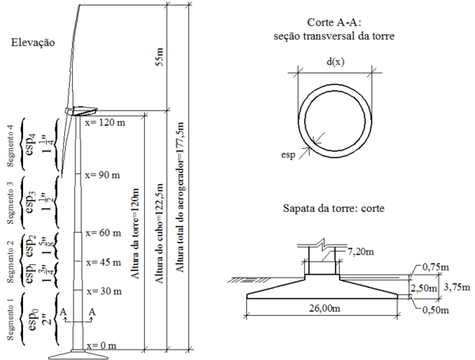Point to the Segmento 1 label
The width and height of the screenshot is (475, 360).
click(10, 316)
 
